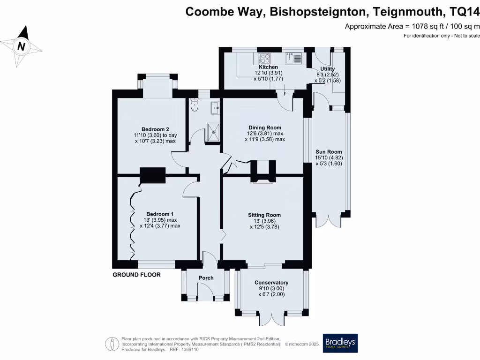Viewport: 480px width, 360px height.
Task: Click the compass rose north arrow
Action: click(22, 45)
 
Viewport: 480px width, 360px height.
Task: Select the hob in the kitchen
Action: click(265, 59)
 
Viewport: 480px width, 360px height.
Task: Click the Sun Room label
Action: click(329, 152)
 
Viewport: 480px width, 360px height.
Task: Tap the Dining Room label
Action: click(265, 127)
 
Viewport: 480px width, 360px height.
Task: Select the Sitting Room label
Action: click(264, 215)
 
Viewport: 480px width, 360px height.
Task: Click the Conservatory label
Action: click(271, 283)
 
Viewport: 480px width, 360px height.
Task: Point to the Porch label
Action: click(206, 278)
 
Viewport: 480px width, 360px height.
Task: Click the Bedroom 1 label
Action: click(160, 214)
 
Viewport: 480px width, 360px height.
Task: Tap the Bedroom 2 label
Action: click(155, 129)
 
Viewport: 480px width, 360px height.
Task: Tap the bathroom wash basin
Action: click(215, 107)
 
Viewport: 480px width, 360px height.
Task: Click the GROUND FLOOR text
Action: click(136, 275)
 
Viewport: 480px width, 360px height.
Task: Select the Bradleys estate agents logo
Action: click(340, 343)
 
